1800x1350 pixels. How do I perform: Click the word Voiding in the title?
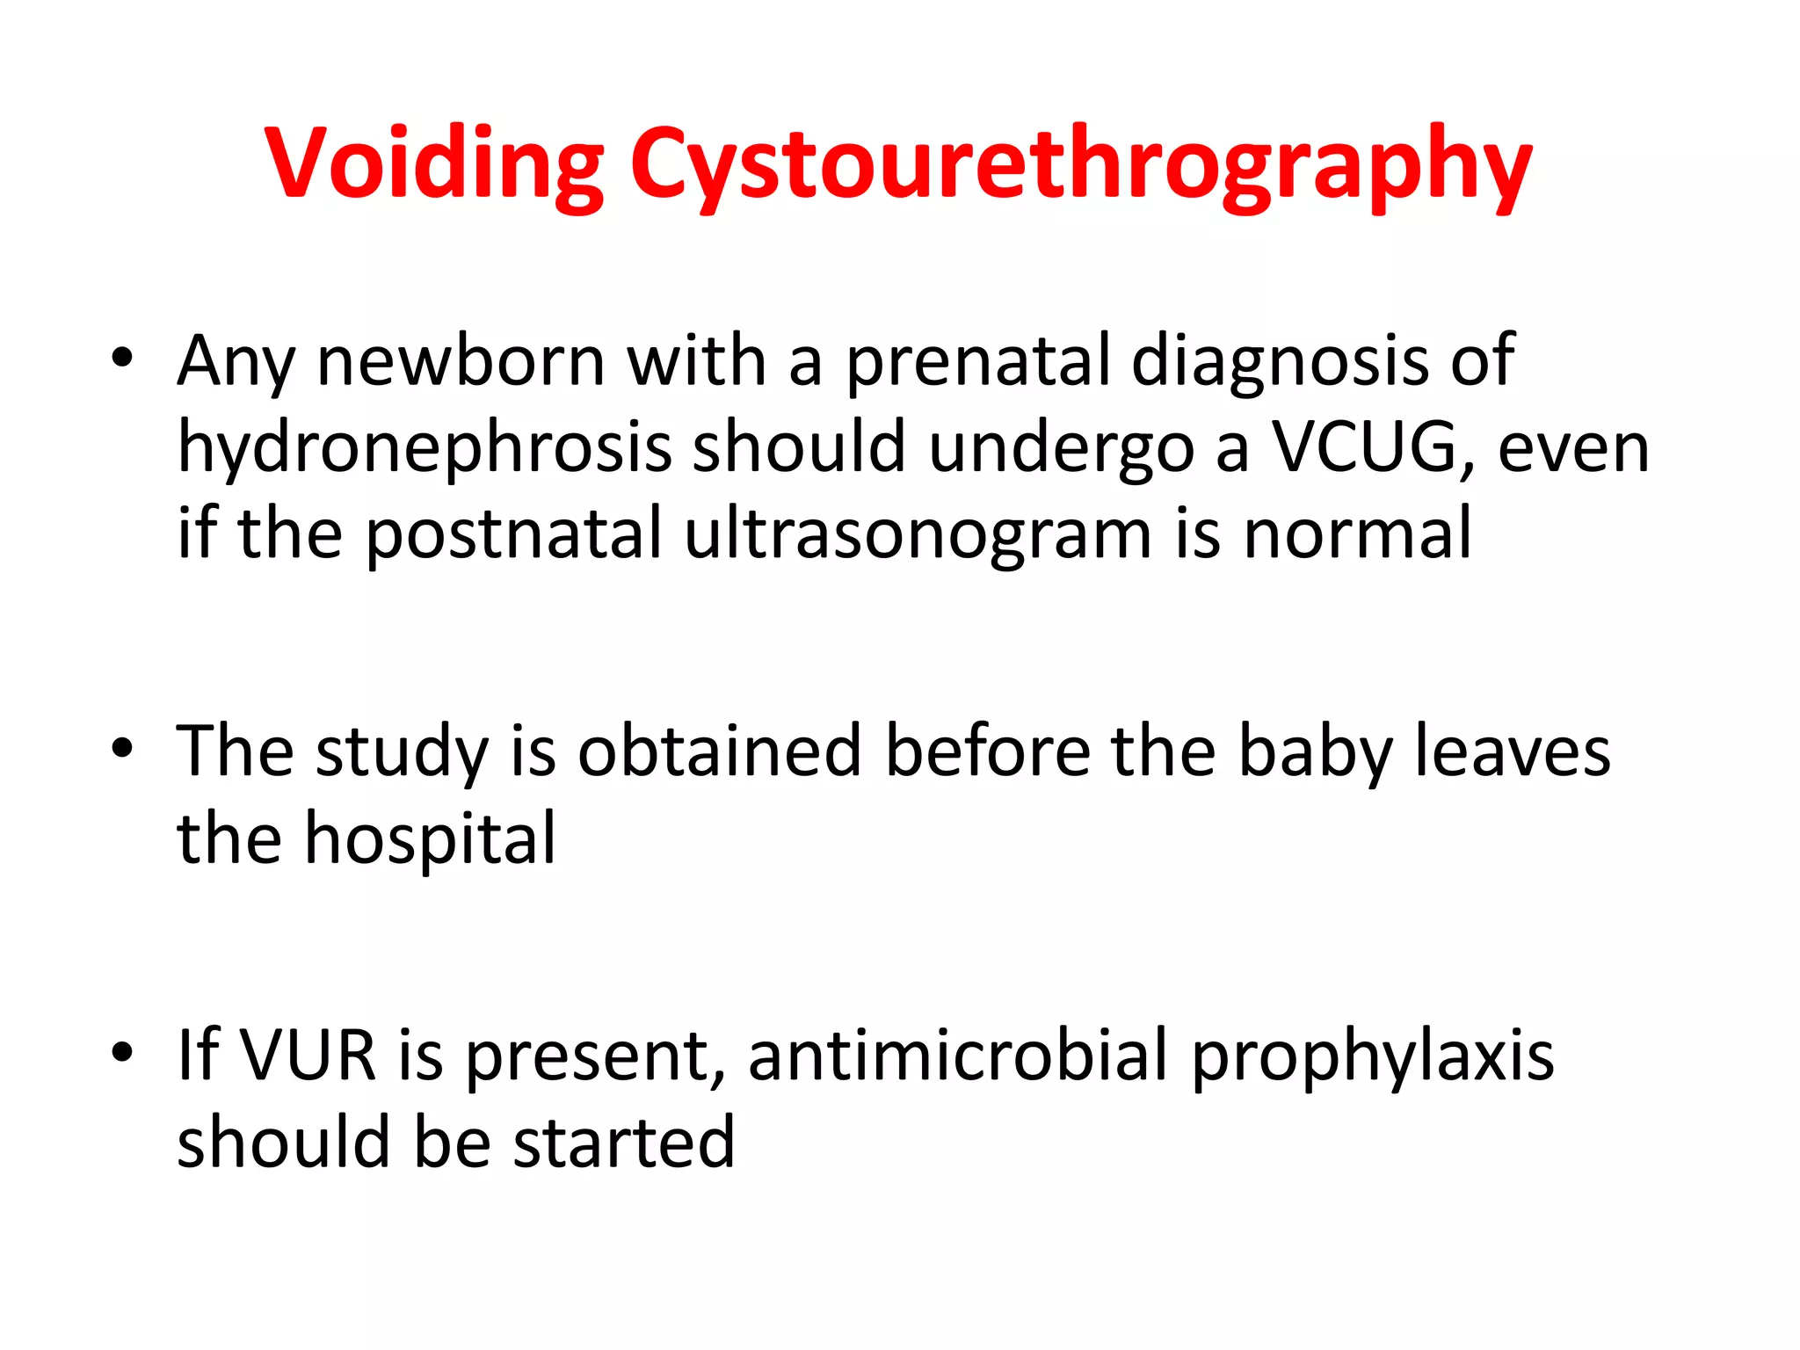[x=434, y=164]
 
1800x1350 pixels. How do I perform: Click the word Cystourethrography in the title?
[x=1081, y=164]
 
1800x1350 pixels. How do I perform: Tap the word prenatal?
[x=976, y=362]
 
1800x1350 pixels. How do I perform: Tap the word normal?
[x=1357, y=534]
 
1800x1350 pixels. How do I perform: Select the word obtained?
[x=719, y=751]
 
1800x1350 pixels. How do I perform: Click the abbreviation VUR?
[x=307, y=1055]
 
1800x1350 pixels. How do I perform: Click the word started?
[x=623, y=1142]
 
